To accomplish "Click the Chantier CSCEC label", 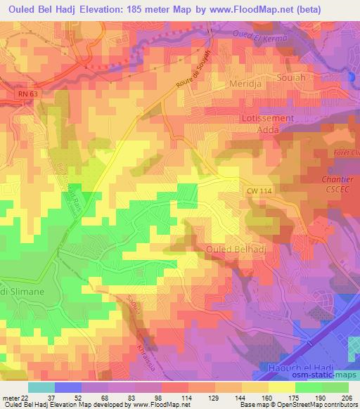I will pos(340,185).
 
